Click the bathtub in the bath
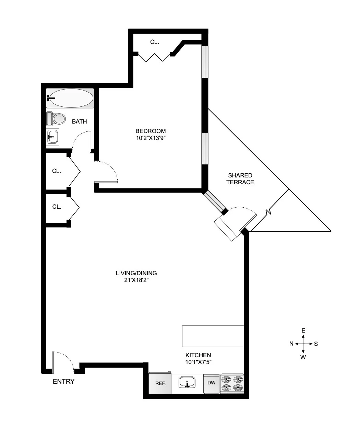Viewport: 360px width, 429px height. pyautogui.click(x=70, y=98)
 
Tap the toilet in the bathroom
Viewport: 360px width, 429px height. pyautogui.click(x=56, y=119)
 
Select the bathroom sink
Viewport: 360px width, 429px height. pyautogui.click(x=53, y=137)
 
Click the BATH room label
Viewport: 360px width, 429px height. pyautogui.click(x=79, y=121)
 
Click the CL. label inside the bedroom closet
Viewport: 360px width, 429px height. pyautogui.click(x=155, y=42)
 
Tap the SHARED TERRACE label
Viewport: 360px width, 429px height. pyautogui.click(x=240, y=179)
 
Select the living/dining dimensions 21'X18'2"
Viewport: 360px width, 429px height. pyautogui.click(x=136, y=280)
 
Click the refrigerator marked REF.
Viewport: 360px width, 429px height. pyautogui.click(x=160, y=383)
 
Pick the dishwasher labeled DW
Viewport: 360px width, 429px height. pyautogui.click(x=211, y=382)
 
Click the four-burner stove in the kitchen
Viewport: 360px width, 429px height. pyautogui.click(x=232, y=383)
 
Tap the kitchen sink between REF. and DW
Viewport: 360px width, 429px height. pyautogui.click(x=187, y=382)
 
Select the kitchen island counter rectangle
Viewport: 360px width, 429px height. pyautogui.click(x=213, y=336)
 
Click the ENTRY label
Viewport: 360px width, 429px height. pyautogui.click(x=63, y=381)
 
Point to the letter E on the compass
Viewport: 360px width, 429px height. pyautogui.click(x=303, y=331)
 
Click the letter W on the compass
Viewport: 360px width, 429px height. pyautogui.click(x=303, y=357)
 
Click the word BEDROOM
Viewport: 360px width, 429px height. pyautogui.click(x=151, y=131)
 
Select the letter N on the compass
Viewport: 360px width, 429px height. pyautogui.click(x=291, y=344)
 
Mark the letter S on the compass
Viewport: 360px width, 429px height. pyautogui.click(x=316, y=344)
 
